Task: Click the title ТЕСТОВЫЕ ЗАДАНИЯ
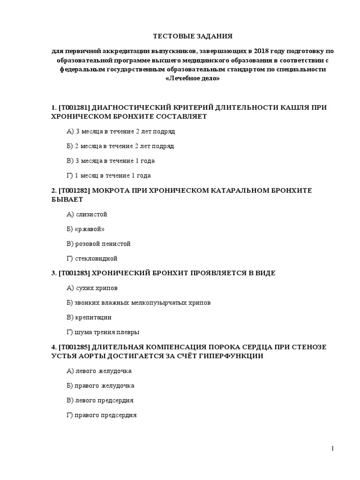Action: pos(193,36)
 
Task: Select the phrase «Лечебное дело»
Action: pos(193,79)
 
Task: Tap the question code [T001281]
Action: pos(74,108)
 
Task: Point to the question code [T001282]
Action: pos(74,191)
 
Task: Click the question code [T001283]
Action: pos(74,273)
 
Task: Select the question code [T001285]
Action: pos(74,347)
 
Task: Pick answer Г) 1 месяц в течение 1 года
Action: pos(109,176)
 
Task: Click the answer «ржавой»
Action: pos(86,229)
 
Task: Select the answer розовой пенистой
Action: pos(99,244)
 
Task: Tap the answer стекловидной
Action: pos(92,258)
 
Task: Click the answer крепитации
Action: pos(90,317)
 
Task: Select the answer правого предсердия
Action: pos(102,415)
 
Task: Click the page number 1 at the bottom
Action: pos(332,449)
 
